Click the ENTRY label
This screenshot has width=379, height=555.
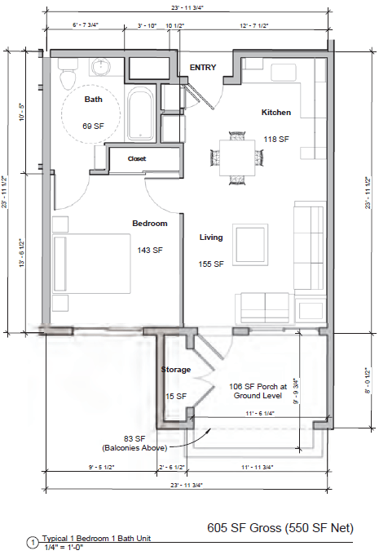click(202, 68)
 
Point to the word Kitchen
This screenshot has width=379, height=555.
click(275, 112)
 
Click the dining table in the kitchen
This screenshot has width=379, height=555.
click(230, 149)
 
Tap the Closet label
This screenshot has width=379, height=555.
click(136, 158)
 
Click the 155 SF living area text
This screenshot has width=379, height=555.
click(212, 264)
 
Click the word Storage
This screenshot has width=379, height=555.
click(175, 370)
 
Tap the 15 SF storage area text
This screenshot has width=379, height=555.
click(176, 396)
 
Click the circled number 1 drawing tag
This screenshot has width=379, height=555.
click(32, 542)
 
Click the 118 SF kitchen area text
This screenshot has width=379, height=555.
click(275, 140)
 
